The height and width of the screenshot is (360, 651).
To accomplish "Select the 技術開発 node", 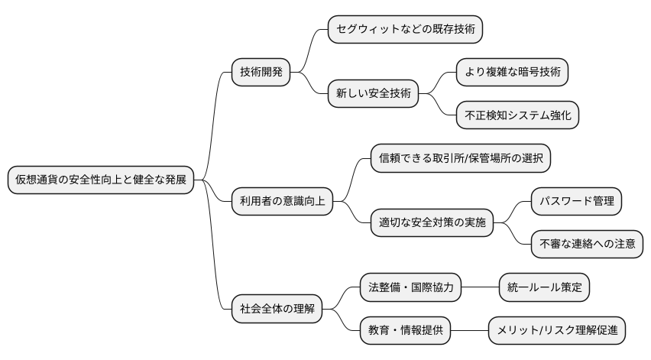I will coord(261,73).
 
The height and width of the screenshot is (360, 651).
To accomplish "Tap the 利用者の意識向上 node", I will coord(282,202).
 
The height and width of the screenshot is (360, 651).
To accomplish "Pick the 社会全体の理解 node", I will coord(277,310).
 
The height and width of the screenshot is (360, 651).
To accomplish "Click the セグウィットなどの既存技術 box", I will coord(405,30).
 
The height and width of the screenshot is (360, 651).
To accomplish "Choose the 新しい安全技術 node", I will coord(373,94).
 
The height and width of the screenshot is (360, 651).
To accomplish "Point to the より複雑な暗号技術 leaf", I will coord(512,73).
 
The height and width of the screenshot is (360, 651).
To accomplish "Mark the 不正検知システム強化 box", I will coord(517,115).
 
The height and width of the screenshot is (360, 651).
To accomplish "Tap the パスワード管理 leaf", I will coord(577,202).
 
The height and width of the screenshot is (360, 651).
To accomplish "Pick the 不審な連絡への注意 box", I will coord(587,245).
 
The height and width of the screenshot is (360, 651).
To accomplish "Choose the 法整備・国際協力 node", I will coord(411,287).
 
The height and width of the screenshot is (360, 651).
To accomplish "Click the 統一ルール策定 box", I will coord(544,287).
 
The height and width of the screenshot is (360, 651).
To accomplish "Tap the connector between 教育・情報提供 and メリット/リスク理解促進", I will coord(470,330).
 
